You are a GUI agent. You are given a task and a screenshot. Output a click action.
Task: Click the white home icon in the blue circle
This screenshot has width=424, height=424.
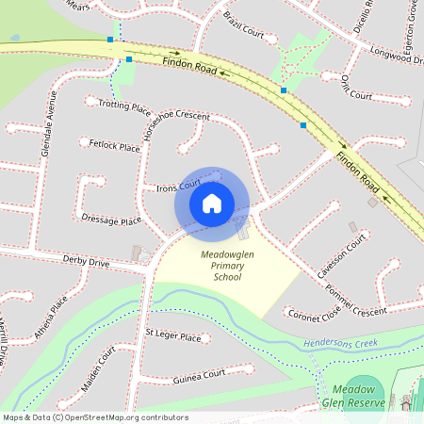tap(211, 203)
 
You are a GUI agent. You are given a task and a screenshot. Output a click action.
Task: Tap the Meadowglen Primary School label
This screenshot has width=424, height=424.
tap(227, 266)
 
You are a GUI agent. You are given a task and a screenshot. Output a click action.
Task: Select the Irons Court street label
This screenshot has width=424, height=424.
tap(179, 187)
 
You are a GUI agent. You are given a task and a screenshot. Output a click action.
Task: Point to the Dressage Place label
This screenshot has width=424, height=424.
tap(111, 220)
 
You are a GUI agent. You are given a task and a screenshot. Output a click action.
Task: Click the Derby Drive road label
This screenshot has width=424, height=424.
tap(87, 260)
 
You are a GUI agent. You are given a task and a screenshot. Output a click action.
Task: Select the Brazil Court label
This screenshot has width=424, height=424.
tap(243, 22)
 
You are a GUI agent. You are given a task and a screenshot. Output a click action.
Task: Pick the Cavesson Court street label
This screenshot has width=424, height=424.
tap(341, 257)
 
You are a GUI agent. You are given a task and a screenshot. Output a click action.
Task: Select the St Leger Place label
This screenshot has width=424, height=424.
tap(173, 336)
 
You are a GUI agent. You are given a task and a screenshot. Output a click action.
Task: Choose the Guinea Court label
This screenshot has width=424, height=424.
tap(200, 376)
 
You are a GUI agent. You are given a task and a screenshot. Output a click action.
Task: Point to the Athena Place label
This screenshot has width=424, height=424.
tap(51, 318)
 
